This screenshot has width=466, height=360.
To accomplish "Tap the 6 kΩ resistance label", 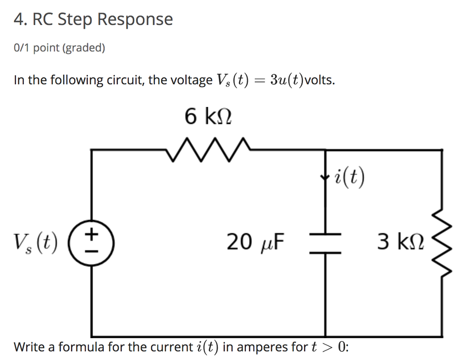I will click(208, 117).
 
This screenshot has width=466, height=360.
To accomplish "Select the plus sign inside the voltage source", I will click(92, 234).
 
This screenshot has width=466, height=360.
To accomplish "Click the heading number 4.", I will click(18, 20).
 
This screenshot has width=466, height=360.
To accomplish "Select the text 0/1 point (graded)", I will click(60, 48).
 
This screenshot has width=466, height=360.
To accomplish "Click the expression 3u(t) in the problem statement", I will click(287, 80).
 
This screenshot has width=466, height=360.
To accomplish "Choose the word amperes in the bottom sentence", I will click(262, 347).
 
